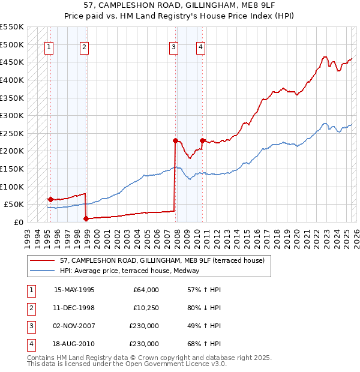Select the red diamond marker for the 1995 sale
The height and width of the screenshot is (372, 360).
pos(50,199)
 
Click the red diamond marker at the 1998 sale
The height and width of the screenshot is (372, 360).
pos(86,218)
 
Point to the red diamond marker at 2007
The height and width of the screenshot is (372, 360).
pos(175,140)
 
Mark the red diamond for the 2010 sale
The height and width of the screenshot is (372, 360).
pos(203,140)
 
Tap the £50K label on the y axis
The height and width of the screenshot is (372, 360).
pos(14,205)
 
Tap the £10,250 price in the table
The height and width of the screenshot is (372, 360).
pos(143,308)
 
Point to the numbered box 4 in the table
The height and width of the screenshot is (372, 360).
pos(29,344)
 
